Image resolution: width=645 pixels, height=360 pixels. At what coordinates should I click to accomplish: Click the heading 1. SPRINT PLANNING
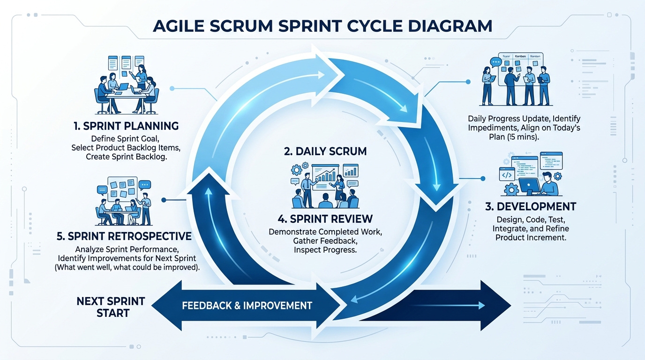tap(126, 126)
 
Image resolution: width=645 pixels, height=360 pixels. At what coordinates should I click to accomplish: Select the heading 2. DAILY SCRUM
tap(325, 151)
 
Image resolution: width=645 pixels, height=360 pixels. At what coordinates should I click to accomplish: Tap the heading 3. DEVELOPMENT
tap(531, 207)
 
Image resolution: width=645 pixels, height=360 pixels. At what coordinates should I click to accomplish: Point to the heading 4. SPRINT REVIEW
tap(325, 219)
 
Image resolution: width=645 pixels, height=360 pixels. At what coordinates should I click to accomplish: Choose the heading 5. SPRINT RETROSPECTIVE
tap(124, 236)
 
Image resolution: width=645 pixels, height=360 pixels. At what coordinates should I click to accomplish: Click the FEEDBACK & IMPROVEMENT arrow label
tap(247, 306)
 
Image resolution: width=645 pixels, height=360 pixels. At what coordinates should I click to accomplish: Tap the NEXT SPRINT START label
tap(111, 307)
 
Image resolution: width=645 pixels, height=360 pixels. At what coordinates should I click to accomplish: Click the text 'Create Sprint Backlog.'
tap(127, 157)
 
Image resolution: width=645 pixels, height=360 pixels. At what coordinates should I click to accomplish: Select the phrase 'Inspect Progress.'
tap(325, 250)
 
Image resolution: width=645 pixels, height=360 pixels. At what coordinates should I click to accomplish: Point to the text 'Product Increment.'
tap(531, 238)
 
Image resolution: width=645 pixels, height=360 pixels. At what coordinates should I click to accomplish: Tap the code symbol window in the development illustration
tap(507, 175)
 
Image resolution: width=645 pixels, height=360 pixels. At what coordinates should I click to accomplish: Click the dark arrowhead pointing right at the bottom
tap(496, 306)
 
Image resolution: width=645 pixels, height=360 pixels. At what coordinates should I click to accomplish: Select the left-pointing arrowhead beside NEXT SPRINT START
tap(166, 306)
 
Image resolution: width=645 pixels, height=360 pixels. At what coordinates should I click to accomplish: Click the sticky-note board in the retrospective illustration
tap(122, 188)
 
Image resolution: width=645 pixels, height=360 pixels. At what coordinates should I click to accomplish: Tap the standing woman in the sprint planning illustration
tap(141, 77)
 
